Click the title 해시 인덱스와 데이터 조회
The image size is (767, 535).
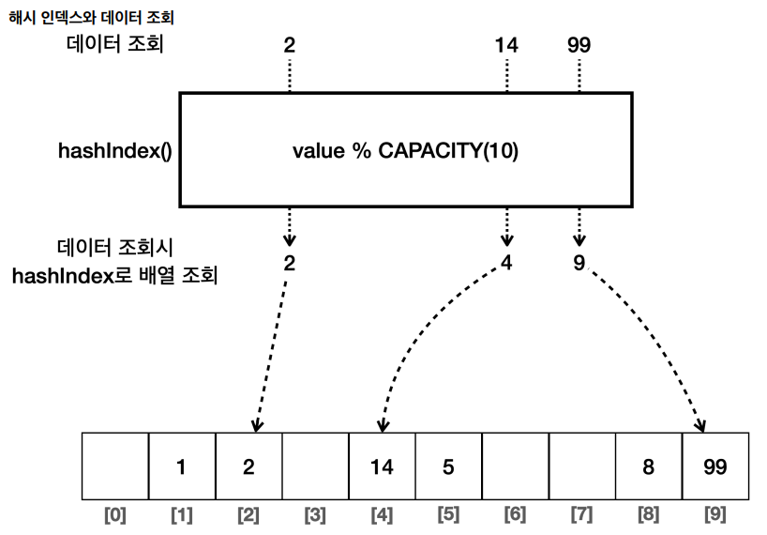coord(92,18)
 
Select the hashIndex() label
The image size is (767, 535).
coord(115,150)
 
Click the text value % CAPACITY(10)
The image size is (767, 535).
coord(405,150)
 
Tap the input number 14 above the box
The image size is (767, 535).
coord(506,45)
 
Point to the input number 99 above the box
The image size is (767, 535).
coord(579,45)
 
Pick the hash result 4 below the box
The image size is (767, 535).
coord(506,263)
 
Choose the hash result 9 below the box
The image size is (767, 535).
coord(579,263)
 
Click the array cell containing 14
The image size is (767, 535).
coord(382,466)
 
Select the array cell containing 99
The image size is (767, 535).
coord(715,466)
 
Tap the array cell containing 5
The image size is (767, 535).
coord(448,466)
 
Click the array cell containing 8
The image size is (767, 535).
coord(649,466)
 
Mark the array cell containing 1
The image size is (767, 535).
coord(182,466)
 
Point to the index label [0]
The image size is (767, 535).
coord(115,515)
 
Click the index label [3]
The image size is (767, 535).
coord(315,515)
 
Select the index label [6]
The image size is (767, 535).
coord(515,515)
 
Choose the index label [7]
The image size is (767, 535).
coord(581,515)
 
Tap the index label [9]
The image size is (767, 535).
coord(715,515)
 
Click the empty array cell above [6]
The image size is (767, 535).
coord(516,466)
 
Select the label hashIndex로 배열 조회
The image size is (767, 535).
coord(115,276)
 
